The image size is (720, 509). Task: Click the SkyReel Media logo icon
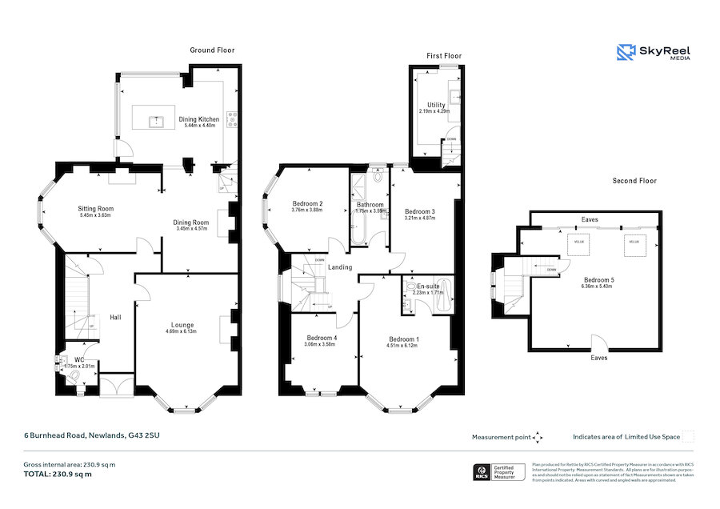click(x=626, y=53)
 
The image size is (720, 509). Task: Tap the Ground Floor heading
click(x=212, y=50)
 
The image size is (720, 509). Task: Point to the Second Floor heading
click(x=634, y=181)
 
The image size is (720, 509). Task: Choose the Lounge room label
click(x=182, y=325)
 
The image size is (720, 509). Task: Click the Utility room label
click(x=436, y=105)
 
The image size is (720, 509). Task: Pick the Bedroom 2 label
click(x=307, y=203)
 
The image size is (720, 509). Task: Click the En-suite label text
click(x=427, y=286)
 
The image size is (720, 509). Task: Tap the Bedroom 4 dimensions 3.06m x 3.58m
click(x=322, y=344)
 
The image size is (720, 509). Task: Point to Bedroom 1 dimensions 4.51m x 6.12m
click(x=403, y=345)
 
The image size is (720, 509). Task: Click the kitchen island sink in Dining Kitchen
click(x=157, y=122)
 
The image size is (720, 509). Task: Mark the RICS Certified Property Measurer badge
click(x=499, y=471)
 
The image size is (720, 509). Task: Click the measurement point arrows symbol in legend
click(x=538, y=437)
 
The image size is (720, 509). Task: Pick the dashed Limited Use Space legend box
click(x=687, y=436)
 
